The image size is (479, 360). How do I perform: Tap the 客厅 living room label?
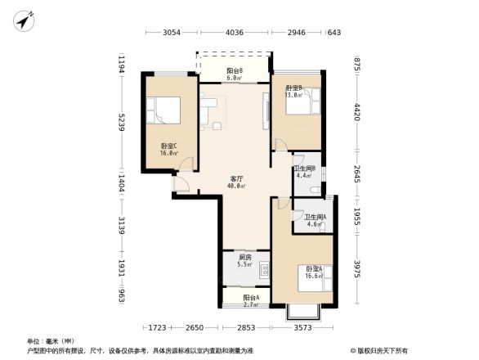(x=236, y=180)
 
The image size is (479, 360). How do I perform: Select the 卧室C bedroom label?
(x=169, y=148)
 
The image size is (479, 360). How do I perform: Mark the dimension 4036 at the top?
(x=235, y=33)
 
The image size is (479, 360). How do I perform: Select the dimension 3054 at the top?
(x=171, y=33)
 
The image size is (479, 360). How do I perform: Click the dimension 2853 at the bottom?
(x=246, y=328)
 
